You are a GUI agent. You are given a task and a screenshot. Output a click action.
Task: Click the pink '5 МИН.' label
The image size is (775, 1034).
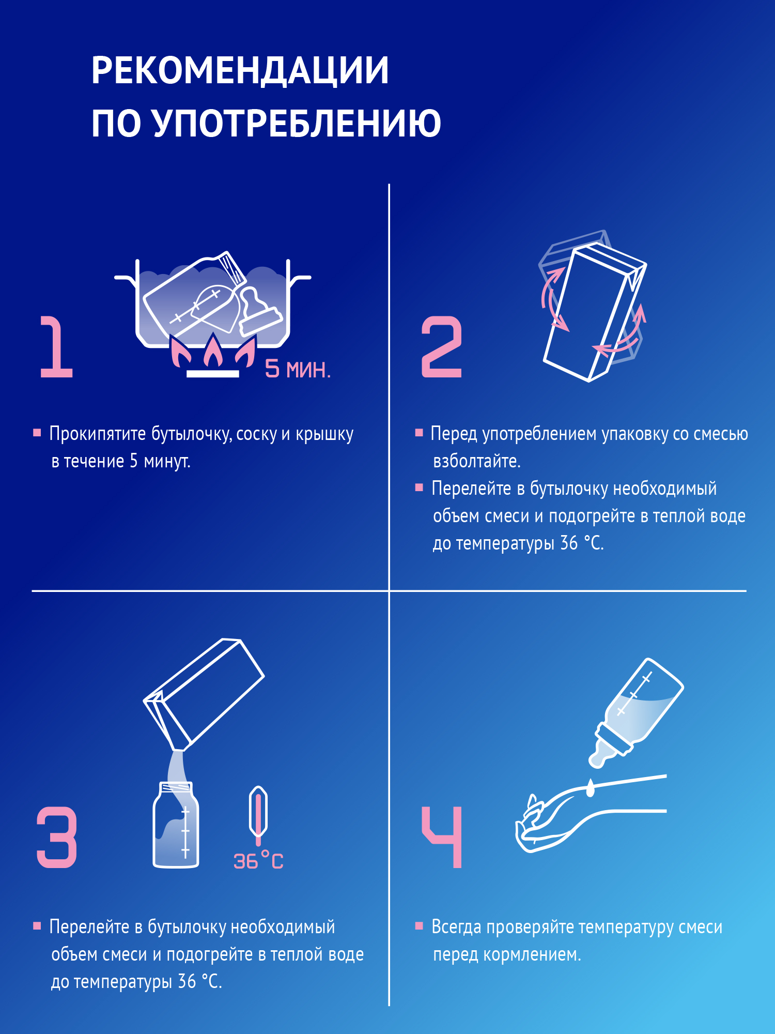point(298,369)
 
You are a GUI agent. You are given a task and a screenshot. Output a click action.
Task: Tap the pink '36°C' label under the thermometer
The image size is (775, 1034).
point(258,861)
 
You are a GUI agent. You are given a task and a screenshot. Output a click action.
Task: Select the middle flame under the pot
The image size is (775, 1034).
point(213,352)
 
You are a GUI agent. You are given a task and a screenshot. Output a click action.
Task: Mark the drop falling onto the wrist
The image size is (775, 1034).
point(591,788)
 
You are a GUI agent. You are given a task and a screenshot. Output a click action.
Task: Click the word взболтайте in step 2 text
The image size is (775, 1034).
point(476,461)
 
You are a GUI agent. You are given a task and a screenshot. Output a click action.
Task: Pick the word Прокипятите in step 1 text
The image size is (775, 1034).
point(98,434)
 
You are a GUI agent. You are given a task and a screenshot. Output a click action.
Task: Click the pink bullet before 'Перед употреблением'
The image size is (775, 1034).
point(419,432)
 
